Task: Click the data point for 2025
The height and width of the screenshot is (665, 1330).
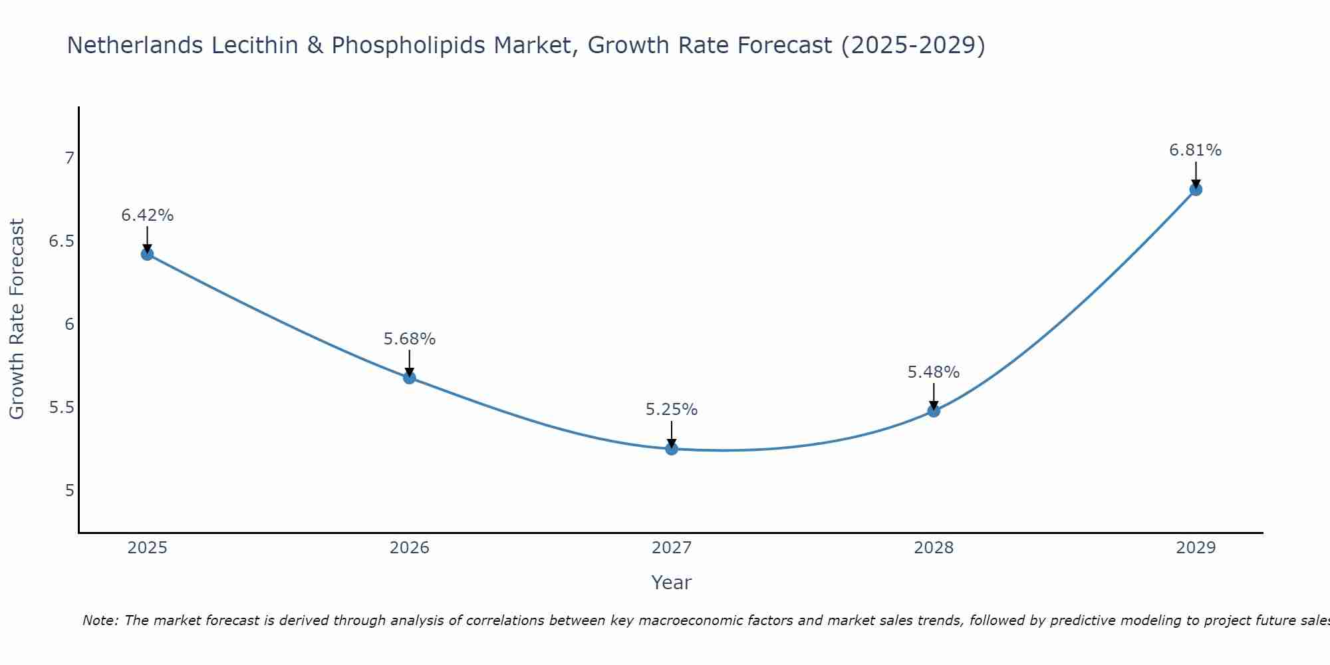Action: [x=147, y=254]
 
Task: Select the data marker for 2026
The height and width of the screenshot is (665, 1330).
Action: [x=409, y=378]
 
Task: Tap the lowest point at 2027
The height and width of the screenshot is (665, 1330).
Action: [x=672, y=449]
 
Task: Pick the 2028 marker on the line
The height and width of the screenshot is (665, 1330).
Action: [x=934, y=411]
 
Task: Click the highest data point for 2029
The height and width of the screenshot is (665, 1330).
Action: [x=1196, y=190]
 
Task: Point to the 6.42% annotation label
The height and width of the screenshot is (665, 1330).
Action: [x=147, y=215]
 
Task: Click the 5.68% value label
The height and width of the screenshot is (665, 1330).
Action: [x=409, y=339]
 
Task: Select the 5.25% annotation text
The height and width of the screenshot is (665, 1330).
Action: [x=672, y=410]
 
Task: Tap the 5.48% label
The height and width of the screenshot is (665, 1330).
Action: [x=934, y=372]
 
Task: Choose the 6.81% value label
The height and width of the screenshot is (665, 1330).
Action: [x=1196, y=150]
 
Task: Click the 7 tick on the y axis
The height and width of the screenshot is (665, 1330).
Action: [x=68, y=158]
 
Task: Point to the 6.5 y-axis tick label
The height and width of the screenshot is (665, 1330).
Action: [x=61, y=241]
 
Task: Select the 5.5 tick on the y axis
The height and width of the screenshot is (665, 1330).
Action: [x=61, y=408]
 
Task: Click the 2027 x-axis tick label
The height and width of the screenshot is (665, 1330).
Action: [x=672, y=548]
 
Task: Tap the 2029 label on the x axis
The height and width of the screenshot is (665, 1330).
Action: [x=1196, y=548]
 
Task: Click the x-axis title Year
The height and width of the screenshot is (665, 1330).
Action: [x=672, y=583]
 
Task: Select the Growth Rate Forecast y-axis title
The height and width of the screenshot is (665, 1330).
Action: [x=17, y=319]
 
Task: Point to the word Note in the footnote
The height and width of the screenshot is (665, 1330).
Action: [x=100, y=620]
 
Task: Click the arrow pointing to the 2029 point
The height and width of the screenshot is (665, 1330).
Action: [x=1196, y=174]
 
